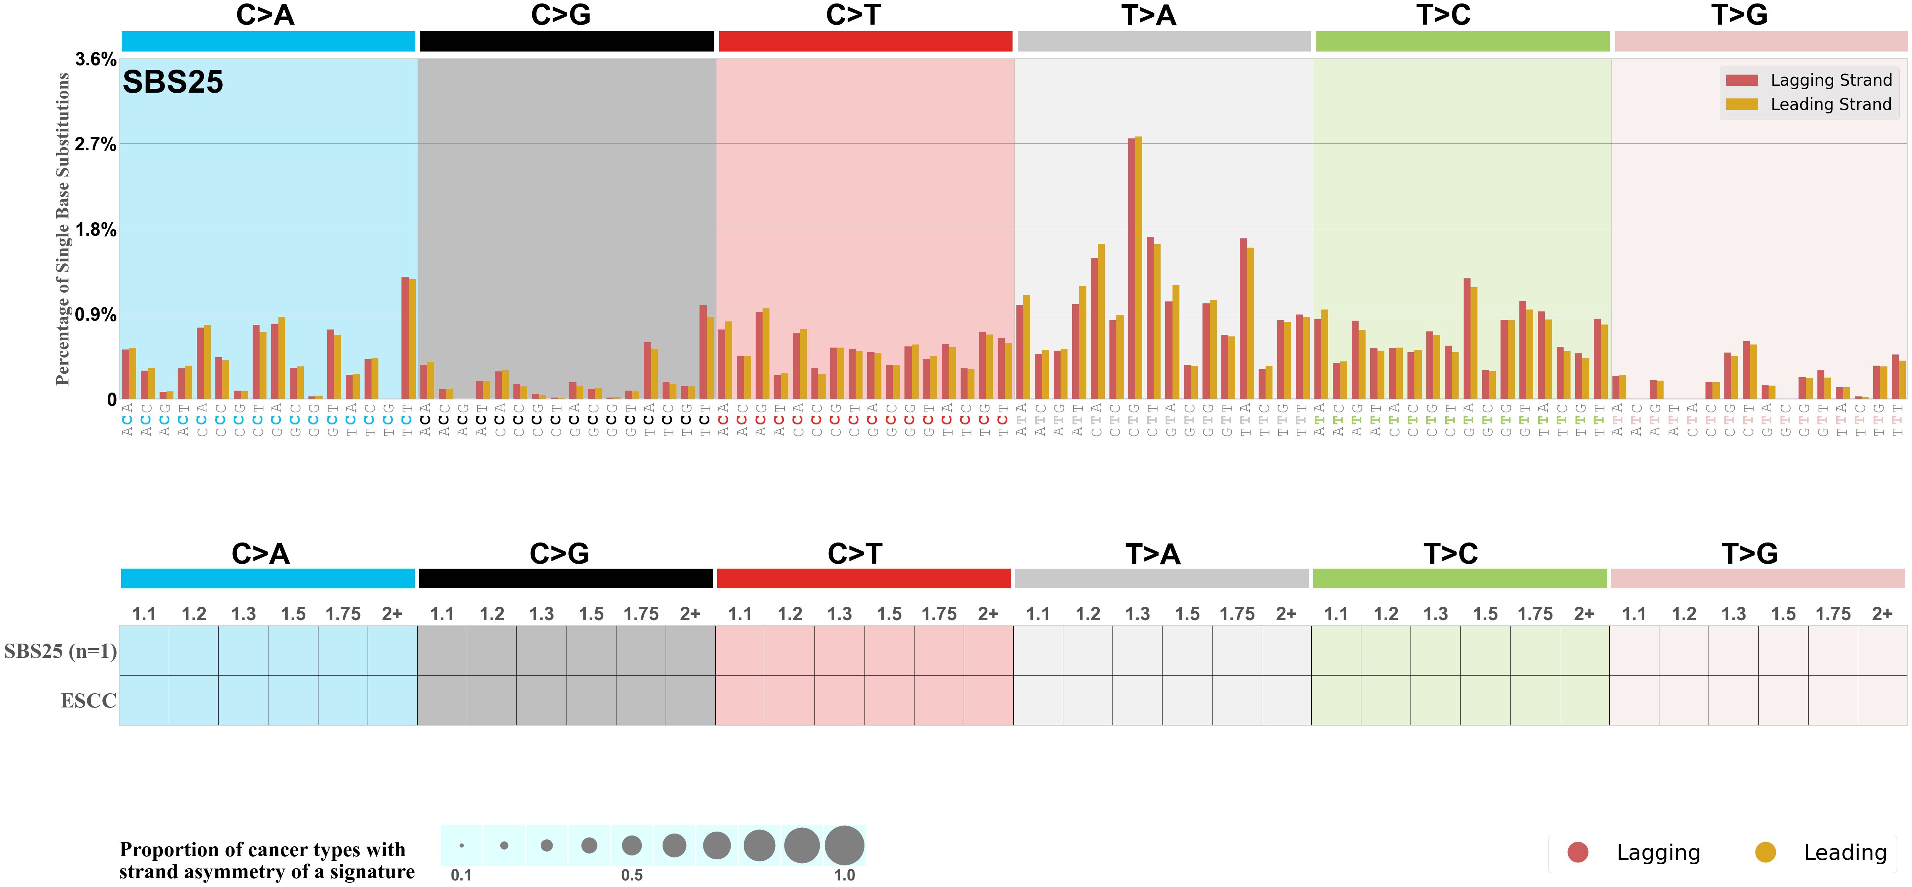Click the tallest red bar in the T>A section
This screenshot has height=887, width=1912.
coord(1131,267)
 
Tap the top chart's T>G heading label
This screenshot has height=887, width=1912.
coord(1739,15)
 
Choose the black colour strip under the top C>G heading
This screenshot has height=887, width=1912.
coord(566,42)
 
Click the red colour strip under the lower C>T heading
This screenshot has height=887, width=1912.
coord(863,578)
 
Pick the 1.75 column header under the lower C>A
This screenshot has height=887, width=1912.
coord(343,614)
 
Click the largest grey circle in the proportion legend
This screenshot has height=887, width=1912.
coord(844,845)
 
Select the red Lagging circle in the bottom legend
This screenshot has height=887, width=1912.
coord(1577,852)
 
